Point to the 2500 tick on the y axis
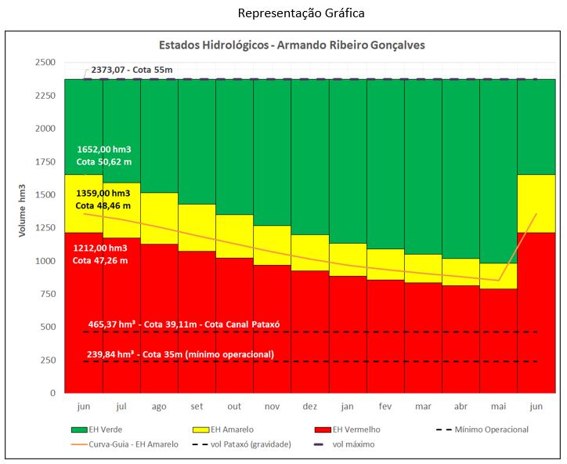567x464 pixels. point(45,62)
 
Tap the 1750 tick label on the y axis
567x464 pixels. point(45,161)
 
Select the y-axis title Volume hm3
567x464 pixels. point(23,211)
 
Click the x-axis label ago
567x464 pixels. point(159,407)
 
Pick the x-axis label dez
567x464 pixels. point(310,407)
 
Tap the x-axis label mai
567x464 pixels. point(498,407)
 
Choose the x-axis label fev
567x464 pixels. point(385,407)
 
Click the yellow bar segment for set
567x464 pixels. point(197,227)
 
